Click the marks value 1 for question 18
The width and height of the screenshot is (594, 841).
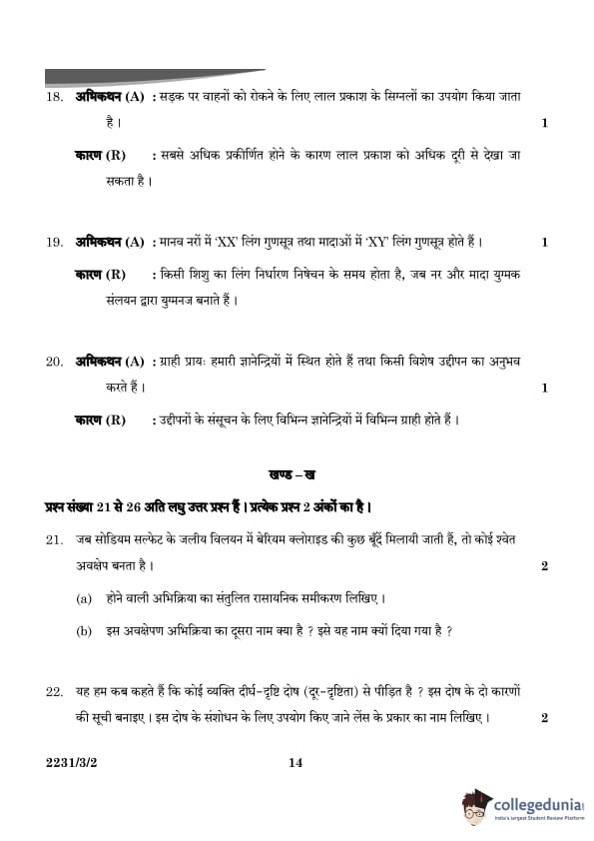click(544, 124)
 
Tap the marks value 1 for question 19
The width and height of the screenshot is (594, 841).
click(544, 242)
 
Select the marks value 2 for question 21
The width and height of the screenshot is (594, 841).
click(544, 566)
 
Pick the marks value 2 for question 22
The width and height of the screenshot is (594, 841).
click(544, 718)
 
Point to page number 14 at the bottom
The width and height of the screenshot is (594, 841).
click(295, 763)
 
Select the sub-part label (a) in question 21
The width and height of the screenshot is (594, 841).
click(84, 598)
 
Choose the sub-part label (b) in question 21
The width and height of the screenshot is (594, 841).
click(84, 630)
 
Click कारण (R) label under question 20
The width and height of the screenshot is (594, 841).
click(101, 420)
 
